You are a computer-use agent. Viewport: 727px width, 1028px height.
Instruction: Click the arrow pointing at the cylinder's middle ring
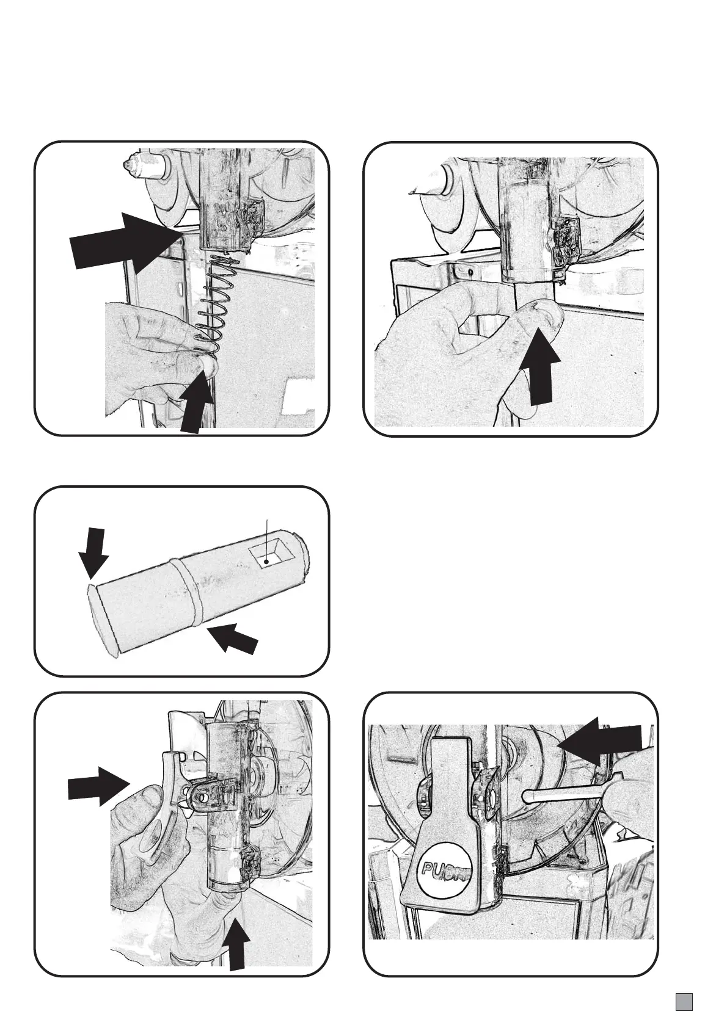[x=235, y=639]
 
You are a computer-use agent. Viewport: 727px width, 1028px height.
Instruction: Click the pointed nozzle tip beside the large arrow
[x=130, y=165]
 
